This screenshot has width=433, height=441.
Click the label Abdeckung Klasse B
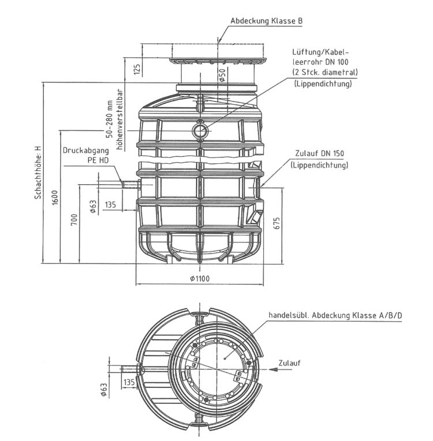point(266,21)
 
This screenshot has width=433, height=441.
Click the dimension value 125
point(137,69)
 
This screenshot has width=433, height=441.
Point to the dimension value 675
point(277,224)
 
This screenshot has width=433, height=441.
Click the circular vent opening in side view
point(200,131)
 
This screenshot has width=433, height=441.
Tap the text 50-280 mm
point(108,120)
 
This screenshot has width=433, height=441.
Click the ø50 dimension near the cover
point(222,75)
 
